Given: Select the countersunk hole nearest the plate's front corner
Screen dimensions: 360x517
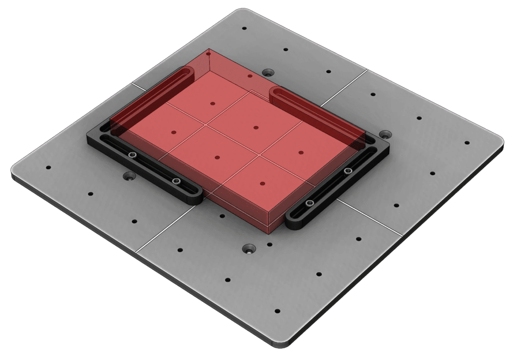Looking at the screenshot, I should pos(249,249).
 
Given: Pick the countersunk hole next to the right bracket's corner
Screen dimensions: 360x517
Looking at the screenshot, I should pos(385,135).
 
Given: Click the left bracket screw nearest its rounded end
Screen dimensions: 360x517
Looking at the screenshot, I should pos(176,181).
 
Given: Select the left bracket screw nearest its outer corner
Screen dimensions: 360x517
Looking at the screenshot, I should pos(132,155).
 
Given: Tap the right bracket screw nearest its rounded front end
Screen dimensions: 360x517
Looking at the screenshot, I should pos(310,203).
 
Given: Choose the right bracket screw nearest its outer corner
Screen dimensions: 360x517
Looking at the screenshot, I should pos(347,172).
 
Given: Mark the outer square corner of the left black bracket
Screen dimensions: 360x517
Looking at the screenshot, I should pos(90,136).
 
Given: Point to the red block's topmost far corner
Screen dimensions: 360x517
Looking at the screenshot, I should pos(209,50).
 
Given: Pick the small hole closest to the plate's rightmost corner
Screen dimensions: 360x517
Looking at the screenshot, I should pos(467,143).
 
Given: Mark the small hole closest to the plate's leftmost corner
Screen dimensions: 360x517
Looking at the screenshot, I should pos(49,167).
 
